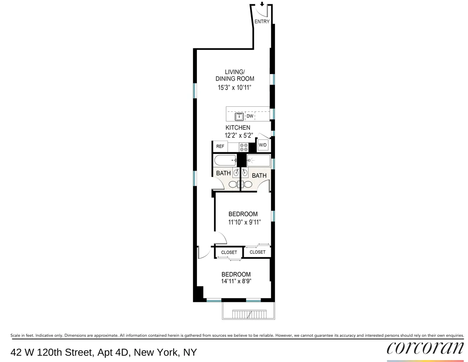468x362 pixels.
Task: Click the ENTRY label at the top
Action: coord(262,22)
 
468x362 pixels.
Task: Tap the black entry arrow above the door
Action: coord(262,4)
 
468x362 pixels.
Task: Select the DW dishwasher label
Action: coord(250,116)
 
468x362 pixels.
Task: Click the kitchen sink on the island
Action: coord(239,116)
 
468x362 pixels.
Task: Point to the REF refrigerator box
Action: coord(220,147)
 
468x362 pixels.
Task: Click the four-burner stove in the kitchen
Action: coord(244,147)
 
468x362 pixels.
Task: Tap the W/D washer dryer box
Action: coord(263,146)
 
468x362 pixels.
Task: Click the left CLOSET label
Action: coord(229,253)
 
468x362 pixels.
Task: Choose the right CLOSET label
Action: coord(257,252)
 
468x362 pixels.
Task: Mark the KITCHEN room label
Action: coord(238,128)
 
